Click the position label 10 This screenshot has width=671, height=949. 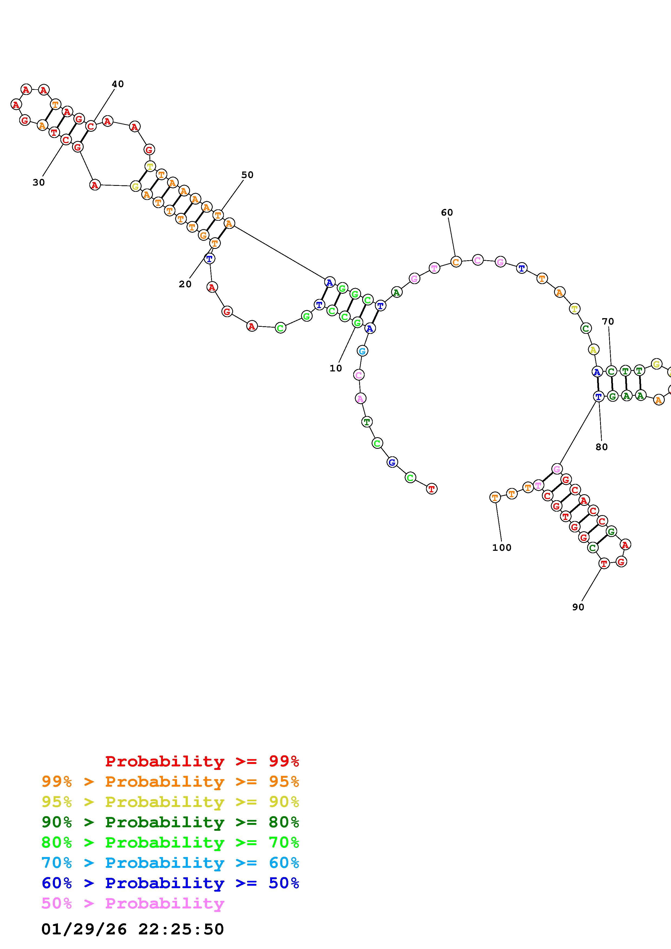tap(336, 368)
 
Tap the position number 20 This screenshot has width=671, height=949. tap(185, 284)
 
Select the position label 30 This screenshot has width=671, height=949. tap(38, 183)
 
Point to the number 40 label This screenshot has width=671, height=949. tap(118, 84)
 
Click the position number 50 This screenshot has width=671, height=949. tap(247, 175)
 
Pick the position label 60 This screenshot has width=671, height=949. tap(447, 212)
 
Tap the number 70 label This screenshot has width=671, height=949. tap(608, 321)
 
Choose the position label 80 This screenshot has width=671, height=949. tap(601, 447)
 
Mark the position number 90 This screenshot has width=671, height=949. tap(578, 607)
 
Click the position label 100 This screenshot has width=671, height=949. tap(502, 548)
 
